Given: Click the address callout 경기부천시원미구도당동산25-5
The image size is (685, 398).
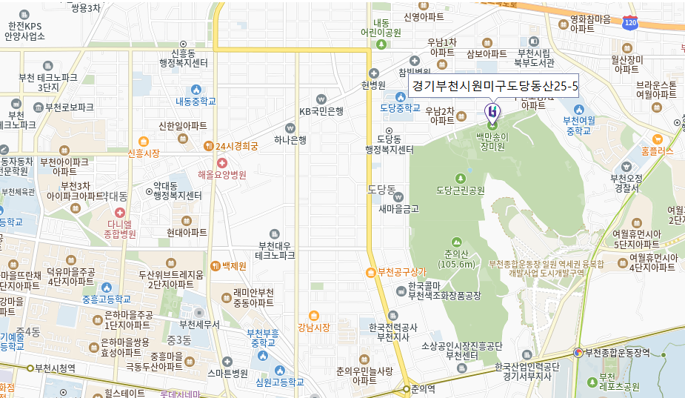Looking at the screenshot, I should click(x=495, y=86).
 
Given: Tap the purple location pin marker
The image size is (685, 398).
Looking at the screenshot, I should click(x=492, y=112).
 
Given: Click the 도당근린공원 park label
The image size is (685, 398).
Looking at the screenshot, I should click(x=461, y=190).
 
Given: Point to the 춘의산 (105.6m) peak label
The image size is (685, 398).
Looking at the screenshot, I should click(x=456, y=259).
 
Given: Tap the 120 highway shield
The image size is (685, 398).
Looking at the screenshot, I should click(x=630, y=23).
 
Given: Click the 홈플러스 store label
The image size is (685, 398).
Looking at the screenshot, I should click(x=658, y=150).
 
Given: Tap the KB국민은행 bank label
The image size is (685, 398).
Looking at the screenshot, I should click(x=321, y=111).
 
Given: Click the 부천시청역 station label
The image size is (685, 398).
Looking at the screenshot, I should click(x=56, y=368).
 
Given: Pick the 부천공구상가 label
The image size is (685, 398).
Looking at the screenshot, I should click(x=403, y=271).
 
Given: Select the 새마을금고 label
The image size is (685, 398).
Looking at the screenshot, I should click(x=398, y=208).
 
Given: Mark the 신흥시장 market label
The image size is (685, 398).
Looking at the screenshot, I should click(x=144, y=154).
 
